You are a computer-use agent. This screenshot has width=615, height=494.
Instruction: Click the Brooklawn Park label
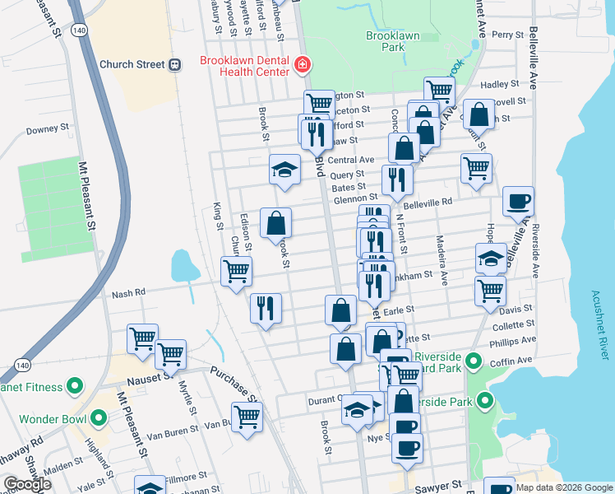pos(386,41)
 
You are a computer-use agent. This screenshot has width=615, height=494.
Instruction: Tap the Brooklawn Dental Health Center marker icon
pos(303,64)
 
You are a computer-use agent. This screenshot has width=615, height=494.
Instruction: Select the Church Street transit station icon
pos(174,64)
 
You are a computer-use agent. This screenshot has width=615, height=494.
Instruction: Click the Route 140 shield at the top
pos(76,30)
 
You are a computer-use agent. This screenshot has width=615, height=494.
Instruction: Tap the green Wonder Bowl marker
pos(99,418)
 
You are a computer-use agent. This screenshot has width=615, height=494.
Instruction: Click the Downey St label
pos(47,129)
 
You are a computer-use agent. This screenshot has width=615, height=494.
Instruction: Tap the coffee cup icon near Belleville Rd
pos(518,201)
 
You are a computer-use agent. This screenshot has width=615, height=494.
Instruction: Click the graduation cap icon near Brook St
pos(284,170)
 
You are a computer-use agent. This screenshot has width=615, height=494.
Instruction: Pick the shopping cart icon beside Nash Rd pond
pos(236,270)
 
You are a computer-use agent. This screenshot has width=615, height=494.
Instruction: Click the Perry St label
pos(507,35)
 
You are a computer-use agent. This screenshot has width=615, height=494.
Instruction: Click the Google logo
pos(27,485)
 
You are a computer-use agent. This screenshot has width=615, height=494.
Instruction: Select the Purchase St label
pos(233,384)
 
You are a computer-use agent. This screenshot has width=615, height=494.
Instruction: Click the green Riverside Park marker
pos(484,402)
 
